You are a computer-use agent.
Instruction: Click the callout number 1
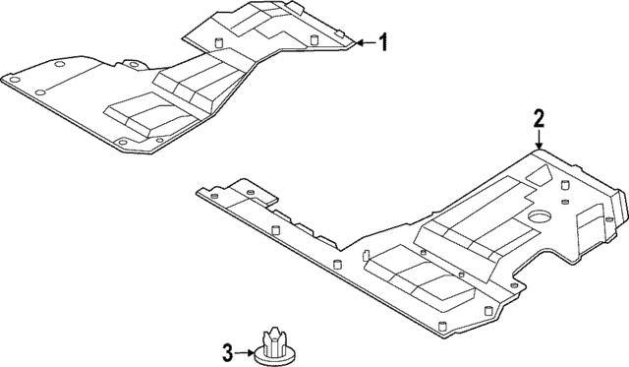coord(383,42)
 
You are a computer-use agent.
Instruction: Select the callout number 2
coord(538,120)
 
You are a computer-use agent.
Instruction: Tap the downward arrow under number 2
coord(538,142)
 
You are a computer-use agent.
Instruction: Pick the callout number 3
coord(227,349)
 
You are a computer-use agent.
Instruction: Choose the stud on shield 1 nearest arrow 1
coord(315,40)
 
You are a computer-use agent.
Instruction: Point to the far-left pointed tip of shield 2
coord(199,193)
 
